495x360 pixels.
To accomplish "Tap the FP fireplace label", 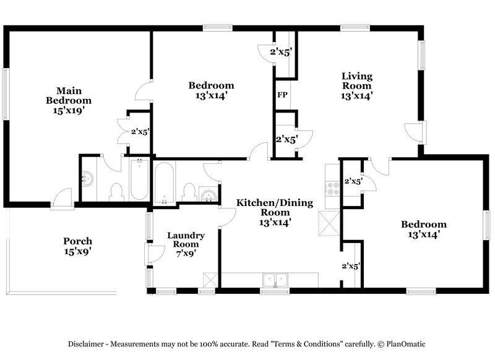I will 282,95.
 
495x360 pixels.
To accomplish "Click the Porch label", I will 78,241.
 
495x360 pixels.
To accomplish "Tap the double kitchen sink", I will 275,280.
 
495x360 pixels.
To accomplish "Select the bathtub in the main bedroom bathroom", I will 140,179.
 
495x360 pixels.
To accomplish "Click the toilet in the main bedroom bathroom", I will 116,192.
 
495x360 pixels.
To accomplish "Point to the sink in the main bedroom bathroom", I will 88,179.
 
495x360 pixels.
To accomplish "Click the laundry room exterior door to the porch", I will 148,254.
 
